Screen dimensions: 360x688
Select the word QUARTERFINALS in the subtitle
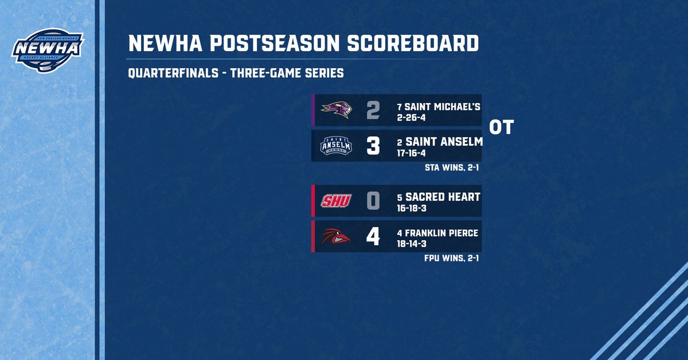pyautogui.click(x=173, y=73)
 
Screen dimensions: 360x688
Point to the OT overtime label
pyautogui.click(x=501, y=128)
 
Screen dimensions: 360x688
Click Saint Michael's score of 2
pyautogui.click(x=373, y=110)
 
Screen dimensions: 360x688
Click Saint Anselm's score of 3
pyautogui.click(x=373, y=146)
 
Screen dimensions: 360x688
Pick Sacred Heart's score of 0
pyautogui.click(x=373, y=201)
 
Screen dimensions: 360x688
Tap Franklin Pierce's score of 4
pyautogui.click(x=373, y=236)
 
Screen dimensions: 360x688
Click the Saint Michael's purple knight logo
pyautogui.click(x=335, y=110)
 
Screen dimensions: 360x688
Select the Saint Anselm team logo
pyautogui.click(x=335, y=146)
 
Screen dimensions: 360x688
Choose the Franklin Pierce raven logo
pyautogui.click(x=335, y=236)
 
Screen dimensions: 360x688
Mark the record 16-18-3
pyautogui.click(x=413, y=208)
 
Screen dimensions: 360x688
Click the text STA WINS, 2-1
pyautogui.click(x=451, y=168)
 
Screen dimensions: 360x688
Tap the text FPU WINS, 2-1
pyautogui.click(x=451, y=259)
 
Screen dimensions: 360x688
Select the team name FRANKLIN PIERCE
pyautogui.click(x=442, y=233)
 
